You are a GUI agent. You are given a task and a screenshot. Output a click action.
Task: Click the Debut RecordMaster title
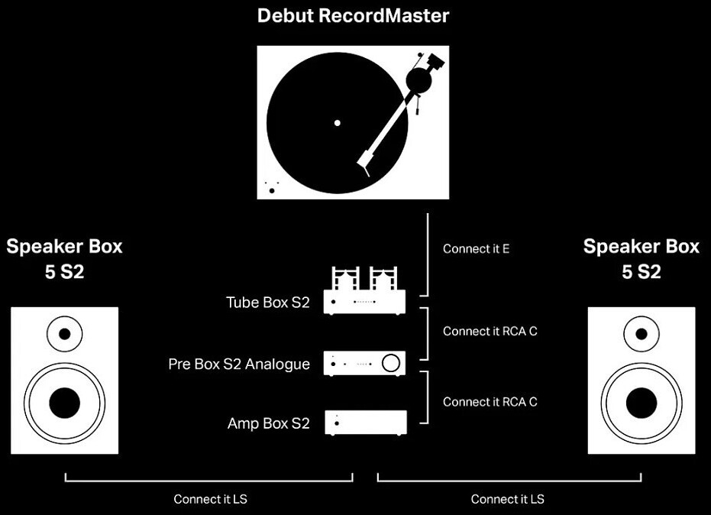click(x=353, y=16)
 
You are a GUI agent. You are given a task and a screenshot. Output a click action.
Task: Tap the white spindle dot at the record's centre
click(x=337, y=123)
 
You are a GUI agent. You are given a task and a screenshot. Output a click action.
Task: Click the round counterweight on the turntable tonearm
click(x=419, y=80)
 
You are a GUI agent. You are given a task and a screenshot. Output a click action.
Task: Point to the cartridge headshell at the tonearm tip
click(x=364, y=164)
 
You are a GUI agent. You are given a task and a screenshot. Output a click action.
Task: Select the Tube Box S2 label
click(x=267, y=302)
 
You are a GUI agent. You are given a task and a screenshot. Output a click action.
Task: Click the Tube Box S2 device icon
click(x=364, y=290)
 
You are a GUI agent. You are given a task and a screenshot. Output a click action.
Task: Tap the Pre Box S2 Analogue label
click(x=239, y=364)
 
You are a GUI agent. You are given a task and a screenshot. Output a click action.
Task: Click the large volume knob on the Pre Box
click(x=391, y=362)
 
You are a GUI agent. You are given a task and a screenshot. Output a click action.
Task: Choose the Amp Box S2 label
click(x=269, y=423)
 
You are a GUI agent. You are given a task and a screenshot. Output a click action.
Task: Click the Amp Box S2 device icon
click(x=366, y=423)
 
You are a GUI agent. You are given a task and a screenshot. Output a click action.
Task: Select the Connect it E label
click(x=476, y=248)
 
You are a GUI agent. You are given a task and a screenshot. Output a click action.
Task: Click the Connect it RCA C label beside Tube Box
click(x=490, y=331)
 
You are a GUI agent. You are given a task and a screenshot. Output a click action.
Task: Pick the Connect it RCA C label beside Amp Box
click(x=490, y=402)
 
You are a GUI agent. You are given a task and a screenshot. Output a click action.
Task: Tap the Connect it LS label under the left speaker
click(x=211, y=499)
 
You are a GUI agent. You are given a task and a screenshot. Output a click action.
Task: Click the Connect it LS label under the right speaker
click(x=507, y=499)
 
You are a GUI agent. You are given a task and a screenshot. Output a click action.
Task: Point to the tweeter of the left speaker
click(x=64, y=334)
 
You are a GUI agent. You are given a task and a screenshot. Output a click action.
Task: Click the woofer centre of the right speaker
click(x=642, y=403)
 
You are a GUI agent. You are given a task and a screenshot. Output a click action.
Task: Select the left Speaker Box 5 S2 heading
click(x=64, y=258)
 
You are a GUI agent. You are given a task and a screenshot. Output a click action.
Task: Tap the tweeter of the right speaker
click(x=642, y=334)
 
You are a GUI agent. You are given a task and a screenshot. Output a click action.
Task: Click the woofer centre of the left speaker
click(x=64, y=403)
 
